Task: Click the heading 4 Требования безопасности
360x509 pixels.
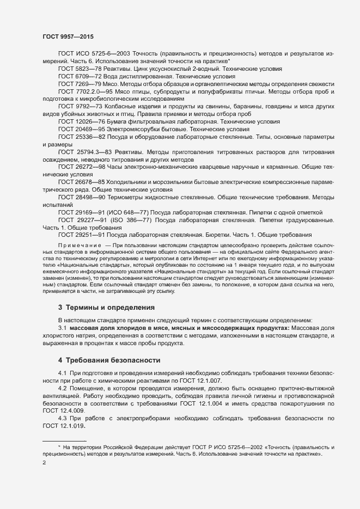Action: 109,360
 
